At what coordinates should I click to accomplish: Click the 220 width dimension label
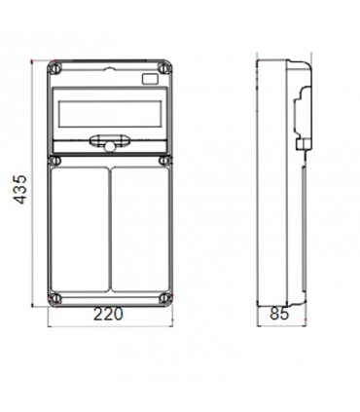110,316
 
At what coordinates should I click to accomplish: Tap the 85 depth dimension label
278,316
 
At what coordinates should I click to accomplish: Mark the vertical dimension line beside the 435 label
36,185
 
